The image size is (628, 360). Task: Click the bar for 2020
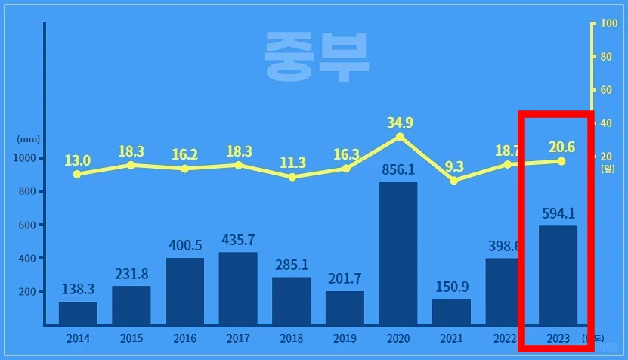point(398,253)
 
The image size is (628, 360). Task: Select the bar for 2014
point(78,313)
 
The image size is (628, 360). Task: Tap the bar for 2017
point(238,288)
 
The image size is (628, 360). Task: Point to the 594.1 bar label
point(558,214)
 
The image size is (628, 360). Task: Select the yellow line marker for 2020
point(400,137)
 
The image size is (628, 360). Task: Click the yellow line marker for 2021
point(453,181)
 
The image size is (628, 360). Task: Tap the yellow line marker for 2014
point(77,174)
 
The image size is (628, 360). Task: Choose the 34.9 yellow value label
point(400,122)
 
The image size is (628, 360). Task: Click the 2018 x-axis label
point(292,340)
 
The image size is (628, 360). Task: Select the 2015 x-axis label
point(131,340)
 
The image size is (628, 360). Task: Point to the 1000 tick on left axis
point(25,158)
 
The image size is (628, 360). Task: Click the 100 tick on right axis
point(608,24)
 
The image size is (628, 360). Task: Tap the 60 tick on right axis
point(605,90)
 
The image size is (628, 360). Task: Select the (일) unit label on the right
point(608,169)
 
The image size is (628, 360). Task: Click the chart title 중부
point(316,56)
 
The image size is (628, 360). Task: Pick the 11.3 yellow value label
point(292,163)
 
